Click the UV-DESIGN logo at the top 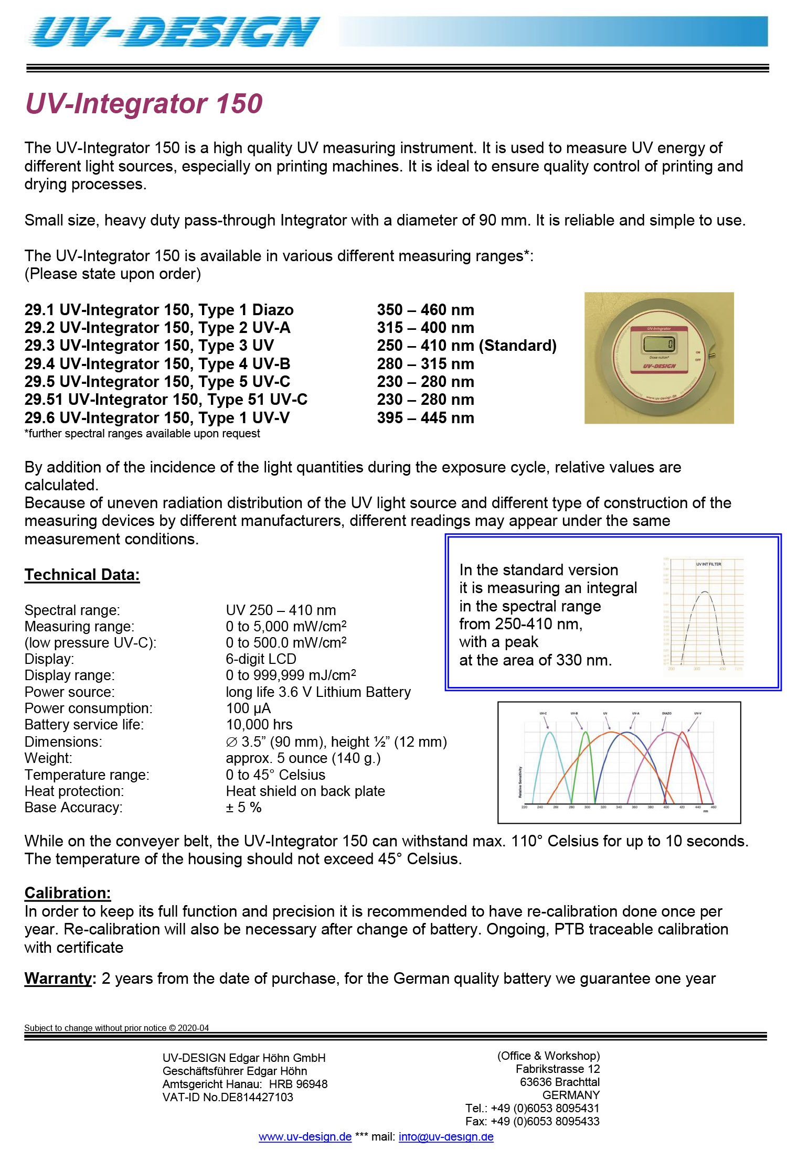tap(173, 31)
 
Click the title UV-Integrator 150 tap(144, 103)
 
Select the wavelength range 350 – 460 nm tap(425, 310)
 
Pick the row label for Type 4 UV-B tap(157, 364)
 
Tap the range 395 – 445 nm tap(425, 418)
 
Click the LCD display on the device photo tap(659, 345)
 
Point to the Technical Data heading tap(82, 575)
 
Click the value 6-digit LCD tap(261, 659)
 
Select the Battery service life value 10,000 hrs tap(259, 725)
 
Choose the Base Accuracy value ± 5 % tap(243, 808)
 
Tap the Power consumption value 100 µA tap(248, 708)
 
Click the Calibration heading tap(68, 893)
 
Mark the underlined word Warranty tap(58, 979)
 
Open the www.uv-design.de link tap(305, 1137)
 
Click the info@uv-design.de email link tap(446, 1137)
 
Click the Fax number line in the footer tap(532, 1121)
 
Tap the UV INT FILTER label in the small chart tap(708, 564)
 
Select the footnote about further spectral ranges tap(142, 434)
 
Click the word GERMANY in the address tap(571, 1095)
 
